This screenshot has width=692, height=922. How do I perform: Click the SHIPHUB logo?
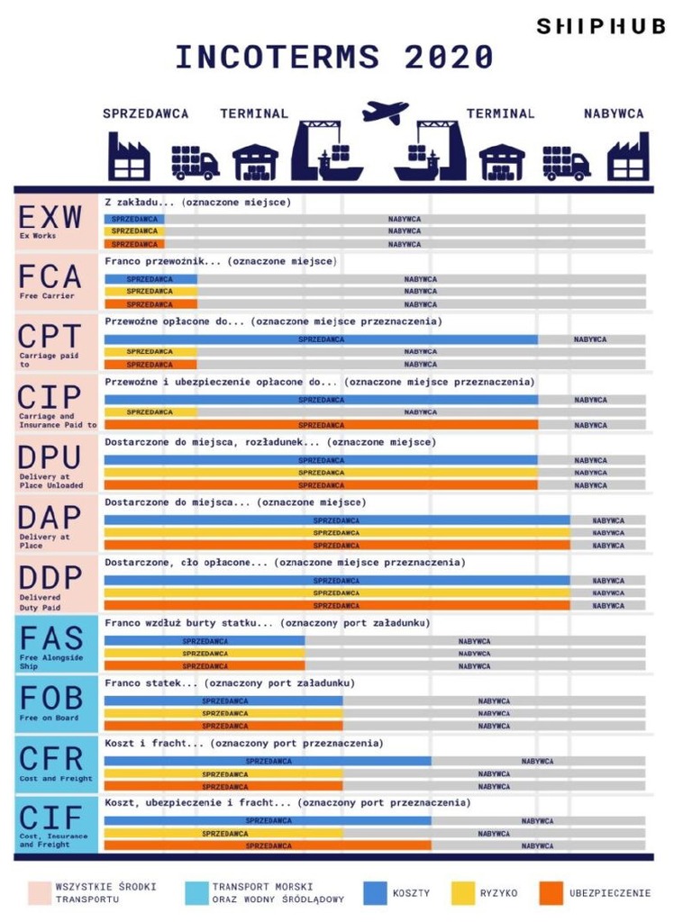pyautogui.click(x=600, y=26)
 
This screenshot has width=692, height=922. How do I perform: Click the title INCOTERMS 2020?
pyautogui.click(x=334, y=58)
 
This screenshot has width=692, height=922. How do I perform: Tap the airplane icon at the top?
pyautogui.click(x=385, y=112)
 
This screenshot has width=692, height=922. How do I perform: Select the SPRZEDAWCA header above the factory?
pyautogui.click(x=145, y=113)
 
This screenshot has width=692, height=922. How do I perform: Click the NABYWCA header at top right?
pyautogui.click(x=613, y=113)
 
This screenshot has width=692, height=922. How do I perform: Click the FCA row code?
pyautogui.click(x=50, y=276)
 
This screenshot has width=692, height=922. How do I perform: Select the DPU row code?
pyautogui.click(x=50, y=457)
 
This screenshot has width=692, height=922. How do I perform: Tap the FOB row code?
pyautogui.click(x=50, y=698)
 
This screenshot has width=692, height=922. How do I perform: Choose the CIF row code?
pyautogui.click(x=50, y=818)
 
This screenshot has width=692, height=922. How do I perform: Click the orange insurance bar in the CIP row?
pyautogui.click(x=321, y=425)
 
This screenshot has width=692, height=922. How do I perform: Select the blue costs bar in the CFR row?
pyautogui.click(x=268, y=761)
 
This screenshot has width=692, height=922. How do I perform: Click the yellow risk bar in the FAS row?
pyautogui.click(x=205, y=654)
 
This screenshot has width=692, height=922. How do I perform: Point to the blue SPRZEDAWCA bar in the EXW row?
pyautogui.click(x=134, y=219)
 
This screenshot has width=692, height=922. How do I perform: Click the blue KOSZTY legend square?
pyautogui.click(x=375, y=893)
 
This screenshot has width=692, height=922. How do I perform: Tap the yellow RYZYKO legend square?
pyautogui.click(x=462, y=893)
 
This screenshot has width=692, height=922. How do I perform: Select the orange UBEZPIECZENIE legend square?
pyautogui.click(x=551, y=893)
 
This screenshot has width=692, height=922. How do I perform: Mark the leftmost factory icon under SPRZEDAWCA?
pyautogui.click(x=129, y=158)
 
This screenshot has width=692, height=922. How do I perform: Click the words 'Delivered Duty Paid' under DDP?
pyautogui.click(x=41, y=601)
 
